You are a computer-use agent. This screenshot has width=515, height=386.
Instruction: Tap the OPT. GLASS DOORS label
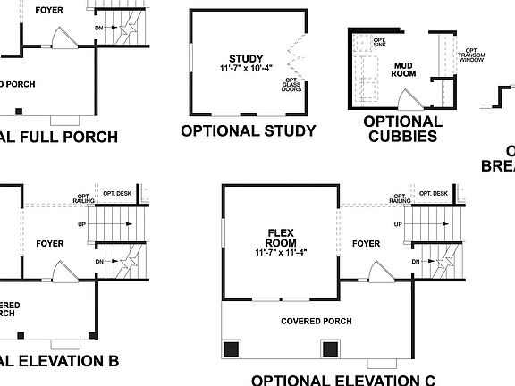click(291, 86)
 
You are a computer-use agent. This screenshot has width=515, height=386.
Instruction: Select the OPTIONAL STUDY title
click(248, 130)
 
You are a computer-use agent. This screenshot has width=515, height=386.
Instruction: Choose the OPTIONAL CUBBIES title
click(402, 129)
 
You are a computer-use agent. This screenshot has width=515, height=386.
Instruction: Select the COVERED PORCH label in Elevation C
click(316, 322)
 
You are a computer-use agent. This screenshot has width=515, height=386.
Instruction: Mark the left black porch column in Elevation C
click(232, 349)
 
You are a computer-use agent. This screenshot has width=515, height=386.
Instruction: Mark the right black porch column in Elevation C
click(330, 349)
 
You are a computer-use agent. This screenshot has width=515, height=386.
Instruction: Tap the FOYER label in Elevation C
click(366, 243)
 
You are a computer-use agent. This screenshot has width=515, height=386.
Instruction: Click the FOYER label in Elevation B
click(50, 243)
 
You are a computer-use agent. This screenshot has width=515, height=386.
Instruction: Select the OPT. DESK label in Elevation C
click(433, 194)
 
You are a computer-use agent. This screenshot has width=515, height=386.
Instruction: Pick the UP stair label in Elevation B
click(83, 225)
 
